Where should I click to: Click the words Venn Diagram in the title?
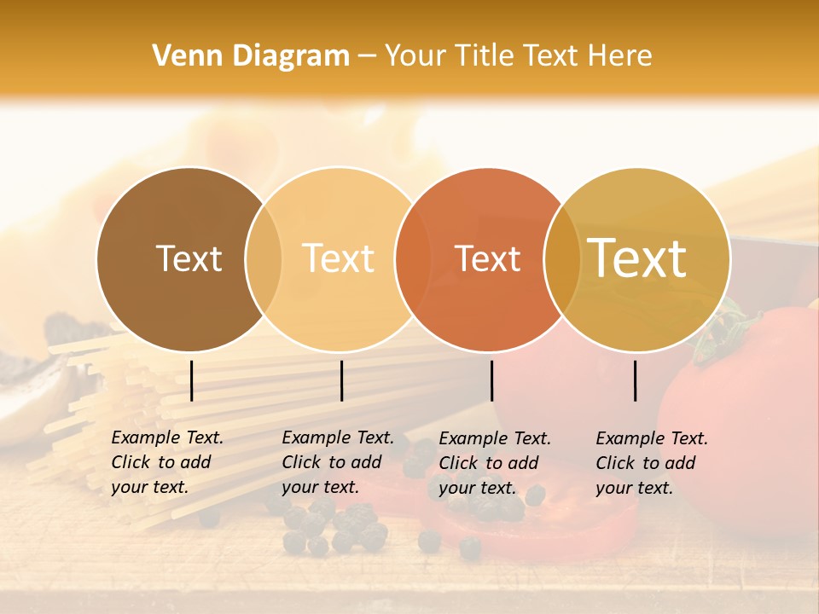(251, 56)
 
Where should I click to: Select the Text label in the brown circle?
(189, 258)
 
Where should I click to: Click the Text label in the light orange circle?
(338, 258)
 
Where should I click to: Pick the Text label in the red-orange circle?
(487, 258)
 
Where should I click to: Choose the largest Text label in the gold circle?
(637, 258)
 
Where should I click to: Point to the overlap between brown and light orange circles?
(264, 258)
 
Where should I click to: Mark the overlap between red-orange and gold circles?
(562, 258)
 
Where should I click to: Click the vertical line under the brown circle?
(191, 380)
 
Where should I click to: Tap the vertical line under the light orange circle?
(341, 380)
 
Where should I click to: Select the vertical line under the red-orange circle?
(491, 380)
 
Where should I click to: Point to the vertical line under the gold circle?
(635, 380)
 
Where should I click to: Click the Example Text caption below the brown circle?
(166, 462)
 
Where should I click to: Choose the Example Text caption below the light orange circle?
(337, 462)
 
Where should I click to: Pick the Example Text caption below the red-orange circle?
(494, 463)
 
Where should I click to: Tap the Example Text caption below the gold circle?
(651, 463)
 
